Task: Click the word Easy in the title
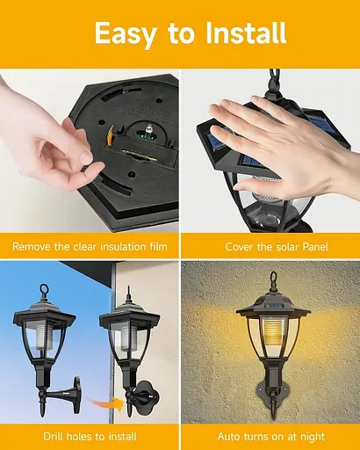click(126, 33)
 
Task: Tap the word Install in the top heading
click(245, 33)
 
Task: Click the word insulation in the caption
click(123, 246)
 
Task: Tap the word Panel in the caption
click(315, 247)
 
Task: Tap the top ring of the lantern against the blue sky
click(44, 288)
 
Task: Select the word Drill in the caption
click(54, 437)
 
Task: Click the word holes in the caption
click(80, 437)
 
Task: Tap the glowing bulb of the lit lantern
click(273, 331)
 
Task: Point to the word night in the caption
click(313, 437)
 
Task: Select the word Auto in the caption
click(228, 437)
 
